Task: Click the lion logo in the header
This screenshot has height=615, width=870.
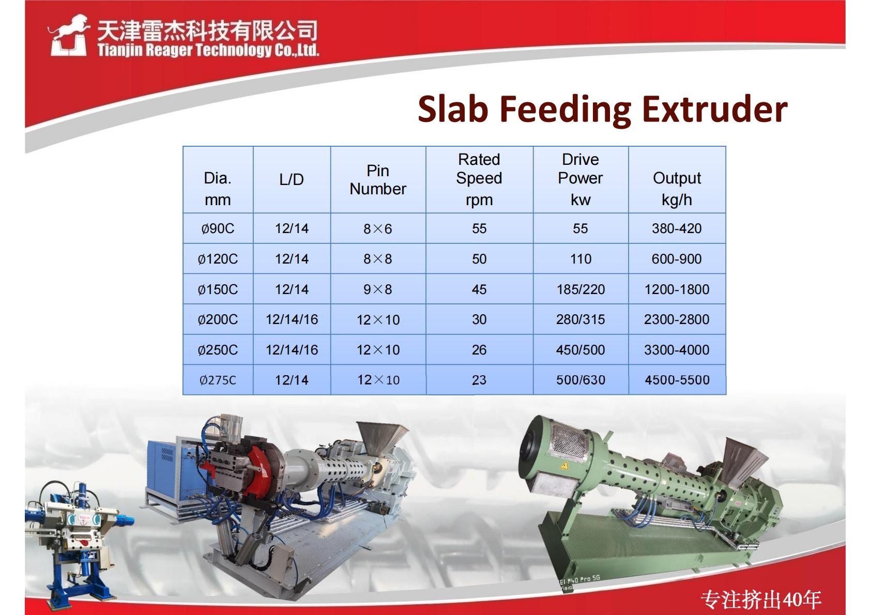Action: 68,35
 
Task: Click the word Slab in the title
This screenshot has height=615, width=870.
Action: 453,110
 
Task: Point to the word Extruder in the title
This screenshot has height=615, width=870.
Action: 714,110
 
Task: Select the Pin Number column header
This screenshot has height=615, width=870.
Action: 378,180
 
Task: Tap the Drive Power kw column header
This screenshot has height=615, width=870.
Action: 581,179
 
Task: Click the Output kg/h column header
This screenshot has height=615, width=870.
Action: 677,189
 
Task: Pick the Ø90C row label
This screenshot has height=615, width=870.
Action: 218,228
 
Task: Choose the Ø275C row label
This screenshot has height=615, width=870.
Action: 218,380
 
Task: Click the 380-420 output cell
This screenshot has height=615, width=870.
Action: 677,228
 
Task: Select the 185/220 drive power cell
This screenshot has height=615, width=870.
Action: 581,289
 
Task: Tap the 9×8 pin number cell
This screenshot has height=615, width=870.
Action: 377,289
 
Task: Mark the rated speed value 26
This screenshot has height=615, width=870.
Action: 479,350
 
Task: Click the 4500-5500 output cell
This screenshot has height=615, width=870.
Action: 677,380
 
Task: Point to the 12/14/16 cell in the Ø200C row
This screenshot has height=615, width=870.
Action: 292,319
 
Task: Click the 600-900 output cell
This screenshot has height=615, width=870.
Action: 677,259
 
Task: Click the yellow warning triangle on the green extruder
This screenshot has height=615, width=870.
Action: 564,466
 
